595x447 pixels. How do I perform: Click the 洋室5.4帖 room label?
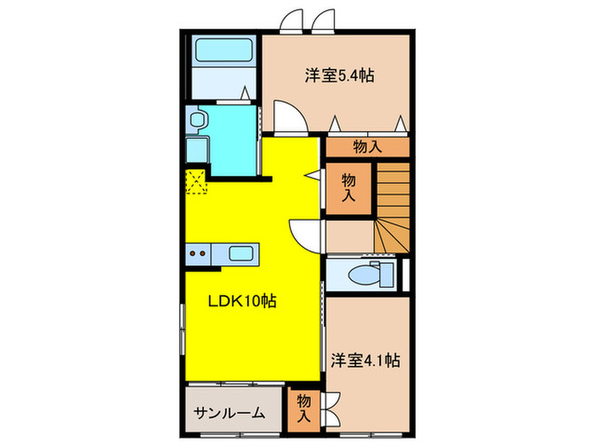coord(339,76)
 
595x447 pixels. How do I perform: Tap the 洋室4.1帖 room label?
coord(365,360)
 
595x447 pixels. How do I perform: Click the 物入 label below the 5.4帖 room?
coord(367,146)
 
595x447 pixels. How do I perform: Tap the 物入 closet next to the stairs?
coord(348,186)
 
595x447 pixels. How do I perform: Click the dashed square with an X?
coord(196,182)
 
